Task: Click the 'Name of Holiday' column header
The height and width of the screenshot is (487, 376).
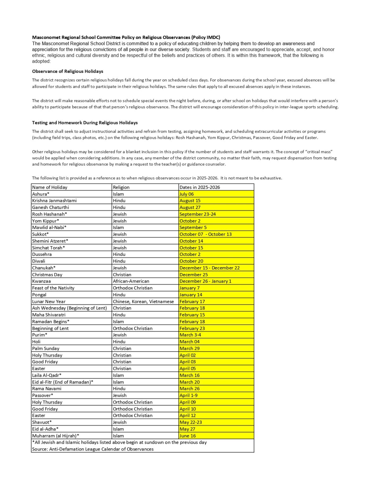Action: (50, 187)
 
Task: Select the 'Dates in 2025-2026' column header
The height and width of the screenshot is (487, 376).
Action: (200, 187)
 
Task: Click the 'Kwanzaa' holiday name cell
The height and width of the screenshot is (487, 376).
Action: (41, 281)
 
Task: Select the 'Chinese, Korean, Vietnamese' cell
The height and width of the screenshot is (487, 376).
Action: (143, 302)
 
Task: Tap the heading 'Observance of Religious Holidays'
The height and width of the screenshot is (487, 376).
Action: (67, 71)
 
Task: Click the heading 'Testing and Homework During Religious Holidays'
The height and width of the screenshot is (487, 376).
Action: (85, 123)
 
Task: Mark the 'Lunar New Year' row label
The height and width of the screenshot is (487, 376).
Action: (49, 302)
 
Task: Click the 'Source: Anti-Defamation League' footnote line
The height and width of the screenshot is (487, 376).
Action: (92, 449)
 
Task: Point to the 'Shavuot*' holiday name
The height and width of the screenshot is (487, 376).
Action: (42, 422)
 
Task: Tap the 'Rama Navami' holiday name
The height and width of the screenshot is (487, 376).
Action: (47, 388)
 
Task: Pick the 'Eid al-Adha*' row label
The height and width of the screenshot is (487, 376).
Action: (45, 429)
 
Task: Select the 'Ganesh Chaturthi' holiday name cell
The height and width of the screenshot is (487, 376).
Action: (50, 207)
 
